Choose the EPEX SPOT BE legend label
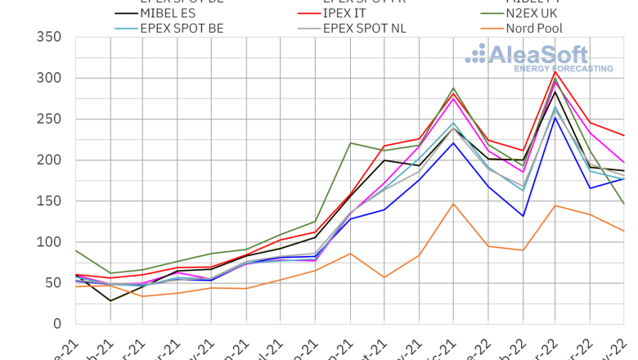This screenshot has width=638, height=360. pyautogui.click(x=182, y=29)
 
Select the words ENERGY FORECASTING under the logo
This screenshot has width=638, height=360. pyautogui.click(x=563, y=69)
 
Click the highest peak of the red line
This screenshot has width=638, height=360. pyautogui.click(x=556, y=71)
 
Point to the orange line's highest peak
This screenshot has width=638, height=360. pyautogui.click(x=453, y=203)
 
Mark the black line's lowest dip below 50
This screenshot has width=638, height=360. pyautogui.click(x=110, y=300)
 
